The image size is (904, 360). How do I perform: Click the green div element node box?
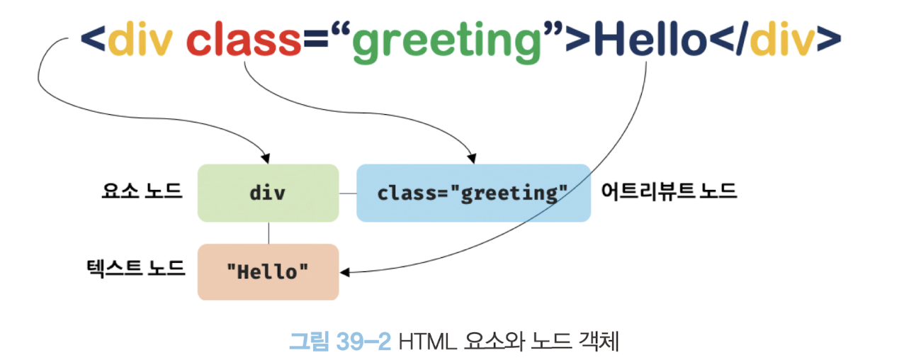tap(268, 193)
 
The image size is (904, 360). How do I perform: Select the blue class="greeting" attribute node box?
tap(473, 193)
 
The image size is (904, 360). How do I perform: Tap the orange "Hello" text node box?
tap(268, 271)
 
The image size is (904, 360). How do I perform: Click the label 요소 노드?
tap(142, 191)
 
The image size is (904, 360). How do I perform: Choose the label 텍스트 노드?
tap(134, 268)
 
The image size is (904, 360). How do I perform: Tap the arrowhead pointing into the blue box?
tap(469, 157)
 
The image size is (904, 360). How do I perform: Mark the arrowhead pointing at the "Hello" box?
tap(346, 271)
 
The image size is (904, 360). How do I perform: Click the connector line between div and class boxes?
tap(347, 193)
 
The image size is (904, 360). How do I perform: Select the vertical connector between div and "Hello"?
tap(269, 232)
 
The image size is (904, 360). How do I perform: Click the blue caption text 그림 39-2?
tap(340, 342)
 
